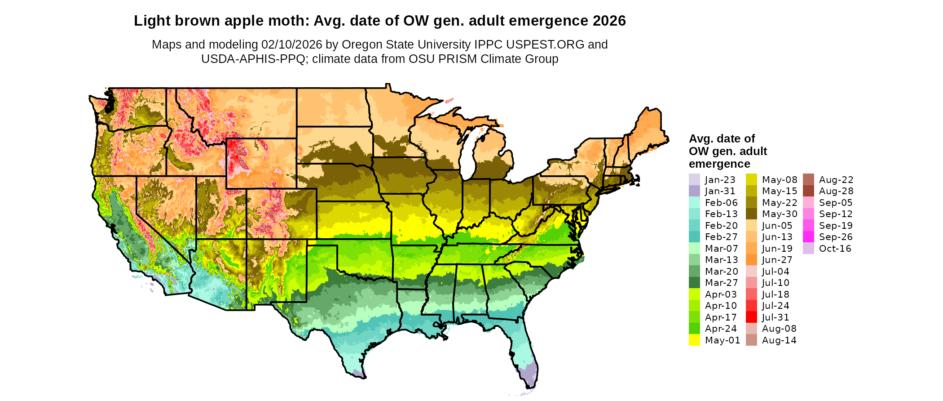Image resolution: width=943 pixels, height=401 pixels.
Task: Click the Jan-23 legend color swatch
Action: tap(694, 179)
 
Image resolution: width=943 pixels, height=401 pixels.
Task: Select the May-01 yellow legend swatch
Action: tap(694, 340)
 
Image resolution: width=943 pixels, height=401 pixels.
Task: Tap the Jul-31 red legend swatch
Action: tap(751, 317)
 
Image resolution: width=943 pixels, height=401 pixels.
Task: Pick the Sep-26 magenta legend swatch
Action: tap(808, 237)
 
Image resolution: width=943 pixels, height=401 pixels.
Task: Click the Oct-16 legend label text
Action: tap(835, 249)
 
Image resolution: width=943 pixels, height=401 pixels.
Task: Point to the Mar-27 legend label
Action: tap(721, 283)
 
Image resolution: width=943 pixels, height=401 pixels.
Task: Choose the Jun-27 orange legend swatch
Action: tap(751, 260)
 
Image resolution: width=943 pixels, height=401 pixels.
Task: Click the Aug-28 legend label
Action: tap(836, 191)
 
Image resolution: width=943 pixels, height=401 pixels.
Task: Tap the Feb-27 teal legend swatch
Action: tap(694, 237)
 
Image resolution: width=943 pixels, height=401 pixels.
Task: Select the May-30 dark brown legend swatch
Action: tap(751, 214)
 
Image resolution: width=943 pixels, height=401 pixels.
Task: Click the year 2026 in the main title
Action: tap(609, 21)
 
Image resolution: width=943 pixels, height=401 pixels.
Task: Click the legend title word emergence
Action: tap(719, 164)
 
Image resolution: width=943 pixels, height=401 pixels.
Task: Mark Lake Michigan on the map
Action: tap(468, 153)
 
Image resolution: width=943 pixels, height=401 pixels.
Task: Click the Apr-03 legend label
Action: tap(721, 294)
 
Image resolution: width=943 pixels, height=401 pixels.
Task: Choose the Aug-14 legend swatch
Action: tap(751, 340)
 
